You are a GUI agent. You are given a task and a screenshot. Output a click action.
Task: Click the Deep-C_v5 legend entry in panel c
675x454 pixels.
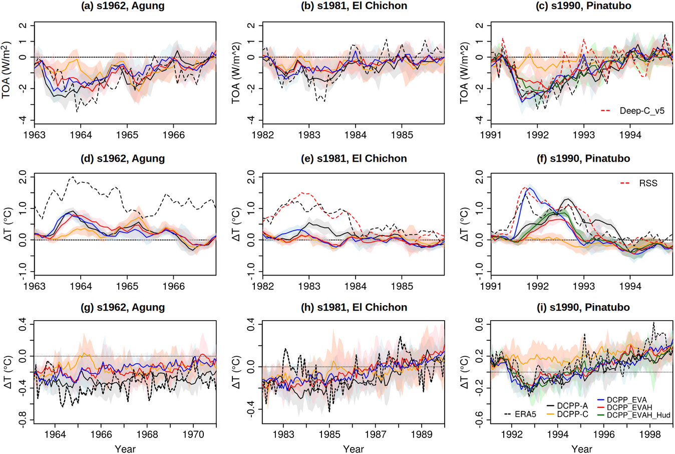click(x=642, y=111)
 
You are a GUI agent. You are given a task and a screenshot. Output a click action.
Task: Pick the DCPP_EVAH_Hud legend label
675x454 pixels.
click(x=638, y=415)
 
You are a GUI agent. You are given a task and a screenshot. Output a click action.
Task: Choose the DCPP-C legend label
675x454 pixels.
click(x=572, y=414)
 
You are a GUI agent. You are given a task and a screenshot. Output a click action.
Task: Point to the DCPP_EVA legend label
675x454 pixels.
click(x=627, y=400)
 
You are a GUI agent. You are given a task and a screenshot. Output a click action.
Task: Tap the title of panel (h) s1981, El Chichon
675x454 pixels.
click(x=354, y=307)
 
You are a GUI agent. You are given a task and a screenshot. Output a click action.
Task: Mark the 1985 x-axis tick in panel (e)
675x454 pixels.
click(x=402, y=287)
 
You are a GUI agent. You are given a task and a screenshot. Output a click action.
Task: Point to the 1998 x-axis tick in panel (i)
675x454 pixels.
click(x=650, y=434)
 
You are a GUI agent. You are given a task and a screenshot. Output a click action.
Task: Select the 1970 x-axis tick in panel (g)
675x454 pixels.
click(x=193, y=434)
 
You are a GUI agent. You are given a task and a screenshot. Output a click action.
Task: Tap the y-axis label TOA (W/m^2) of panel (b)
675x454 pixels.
click(x=236, y=73)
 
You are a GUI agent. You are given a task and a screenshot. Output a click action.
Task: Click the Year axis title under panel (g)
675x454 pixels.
click(x=125, y=449)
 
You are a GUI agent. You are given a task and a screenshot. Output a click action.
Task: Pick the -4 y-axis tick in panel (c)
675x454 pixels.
click(x=478, y=120)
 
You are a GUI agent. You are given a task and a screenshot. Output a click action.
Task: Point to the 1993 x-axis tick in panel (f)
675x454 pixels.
click(x=584, y=287)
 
